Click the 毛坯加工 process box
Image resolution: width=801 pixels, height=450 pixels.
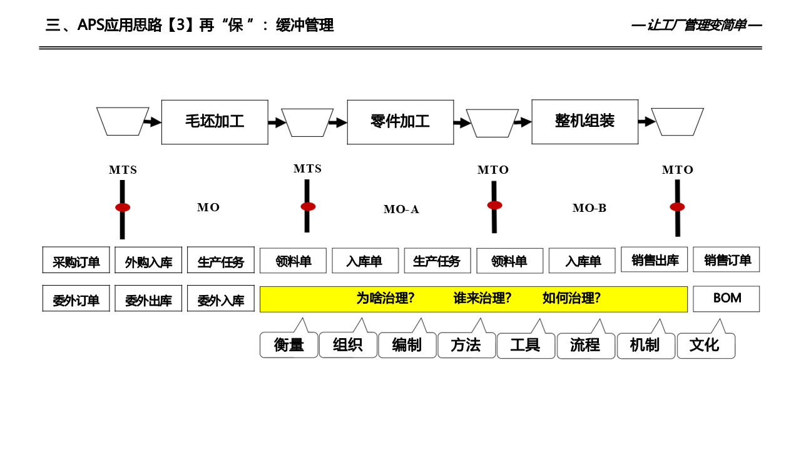215,122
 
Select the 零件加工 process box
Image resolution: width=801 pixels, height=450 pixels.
400,122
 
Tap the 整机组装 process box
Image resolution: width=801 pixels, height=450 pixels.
584,121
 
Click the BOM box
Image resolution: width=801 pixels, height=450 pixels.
726,299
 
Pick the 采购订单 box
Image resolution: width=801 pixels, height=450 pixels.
76,260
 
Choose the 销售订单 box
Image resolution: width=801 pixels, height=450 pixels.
726,259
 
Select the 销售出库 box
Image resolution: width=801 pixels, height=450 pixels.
654,259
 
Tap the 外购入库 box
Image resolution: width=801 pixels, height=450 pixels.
148,260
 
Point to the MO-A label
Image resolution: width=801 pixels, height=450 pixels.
401,209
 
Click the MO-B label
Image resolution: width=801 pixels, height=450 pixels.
589,208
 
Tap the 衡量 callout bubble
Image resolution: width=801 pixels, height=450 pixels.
288,345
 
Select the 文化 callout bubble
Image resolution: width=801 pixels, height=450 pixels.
705,345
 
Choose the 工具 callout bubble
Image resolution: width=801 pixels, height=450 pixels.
526,345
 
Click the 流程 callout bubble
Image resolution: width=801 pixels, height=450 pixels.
585,345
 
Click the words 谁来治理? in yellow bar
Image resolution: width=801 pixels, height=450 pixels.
482,299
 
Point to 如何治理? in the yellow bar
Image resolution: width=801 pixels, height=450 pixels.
571,299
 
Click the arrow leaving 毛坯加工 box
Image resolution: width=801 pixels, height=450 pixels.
276,122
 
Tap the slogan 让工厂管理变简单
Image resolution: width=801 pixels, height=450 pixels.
696,26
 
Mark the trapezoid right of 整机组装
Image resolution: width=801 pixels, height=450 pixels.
677,121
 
